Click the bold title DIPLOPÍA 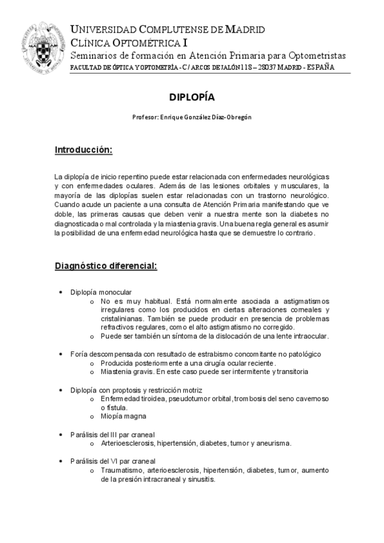192,97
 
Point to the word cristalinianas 122,318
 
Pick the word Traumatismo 122,470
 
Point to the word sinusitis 198,479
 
